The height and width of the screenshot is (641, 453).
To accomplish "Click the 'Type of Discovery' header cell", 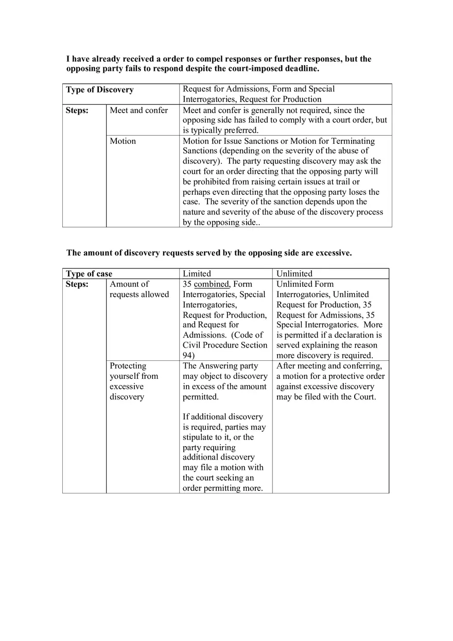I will (x=99, y=90).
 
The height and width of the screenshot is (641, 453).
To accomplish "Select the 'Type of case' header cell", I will (x=89, y=274).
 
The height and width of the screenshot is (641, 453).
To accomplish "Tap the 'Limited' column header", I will (x=197, y=274).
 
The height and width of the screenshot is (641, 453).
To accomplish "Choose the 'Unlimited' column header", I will (x=294, y=274).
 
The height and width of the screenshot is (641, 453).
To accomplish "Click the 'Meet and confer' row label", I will (x=138, y=111).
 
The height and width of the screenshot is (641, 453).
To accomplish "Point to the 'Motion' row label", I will (x=123, y=141).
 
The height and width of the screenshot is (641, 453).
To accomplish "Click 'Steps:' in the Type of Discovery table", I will (x=77, y=111).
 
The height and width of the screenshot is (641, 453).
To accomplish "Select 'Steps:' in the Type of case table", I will (x=77, y=284).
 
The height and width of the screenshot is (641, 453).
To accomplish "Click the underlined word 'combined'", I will (x=211, y=284).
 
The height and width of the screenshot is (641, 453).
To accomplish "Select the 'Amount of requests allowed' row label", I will (x=139, y=289).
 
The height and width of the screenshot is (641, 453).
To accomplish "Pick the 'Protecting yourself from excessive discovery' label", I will (x=134, y=381).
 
